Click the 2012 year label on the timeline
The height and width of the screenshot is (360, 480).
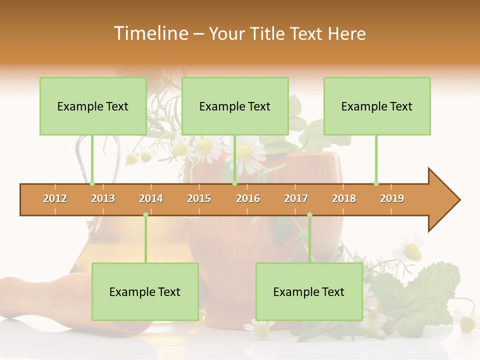click(x=55, y=198)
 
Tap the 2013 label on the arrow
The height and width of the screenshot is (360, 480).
click(x=103, y=198)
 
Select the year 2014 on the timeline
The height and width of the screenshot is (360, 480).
click(x=151, y=198)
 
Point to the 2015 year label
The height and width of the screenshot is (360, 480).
click(x=199, y=198)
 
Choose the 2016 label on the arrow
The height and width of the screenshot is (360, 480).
click(x=248, y=198)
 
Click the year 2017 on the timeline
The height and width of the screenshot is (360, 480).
click(x=296, y=198)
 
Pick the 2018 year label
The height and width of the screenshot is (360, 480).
click(x=344, y=198)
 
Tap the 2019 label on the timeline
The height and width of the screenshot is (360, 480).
click(x=392, y=198)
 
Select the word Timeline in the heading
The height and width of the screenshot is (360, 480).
click(x=150, y=33)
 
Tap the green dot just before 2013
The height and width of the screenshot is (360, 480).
click(x=92, y=183)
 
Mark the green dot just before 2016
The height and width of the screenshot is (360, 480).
click(x=234, y=183)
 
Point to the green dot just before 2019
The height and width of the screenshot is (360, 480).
click(x=376, y=183)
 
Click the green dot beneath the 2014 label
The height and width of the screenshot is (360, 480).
click(x=145, y=214)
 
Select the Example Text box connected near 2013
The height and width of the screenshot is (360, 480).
click(x=93, y=106)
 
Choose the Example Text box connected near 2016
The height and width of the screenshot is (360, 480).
click(x=235, y=106)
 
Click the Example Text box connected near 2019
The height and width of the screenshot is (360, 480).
click(x=377, y=106)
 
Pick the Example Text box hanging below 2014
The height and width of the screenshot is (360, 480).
click(x=145, y=291)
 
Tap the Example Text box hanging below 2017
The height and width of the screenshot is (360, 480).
click(x=309, y=291)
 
